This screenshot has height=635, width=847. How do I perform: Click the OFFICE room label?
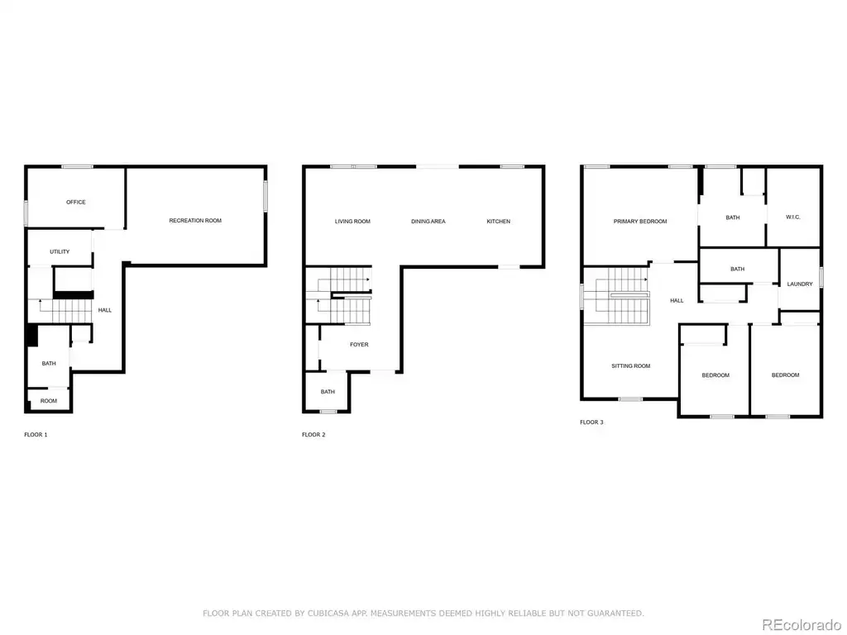click(x=75, y=202)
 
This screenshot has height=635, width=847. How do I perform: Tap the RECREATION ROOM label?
click(x=195, y=220)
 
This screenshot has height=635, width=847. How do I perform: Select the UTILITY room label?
click(x=60, y=251)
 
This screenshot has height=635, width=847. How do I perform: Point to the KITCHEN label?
click(x=498, y=222)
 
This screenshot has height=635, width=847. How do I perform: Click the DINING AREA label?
click(x=428, y=222)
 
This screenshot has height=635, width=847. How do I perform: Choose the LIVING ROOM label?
click(x=352, y=222)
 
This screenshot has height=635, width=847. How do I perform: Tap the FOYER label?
click(x=359, y=345)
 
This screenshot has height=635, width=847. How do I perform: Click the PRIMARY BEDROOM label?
click(x=639, y=222)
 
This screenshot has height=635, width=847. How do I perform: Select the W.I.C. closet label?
click(x=792, y=217)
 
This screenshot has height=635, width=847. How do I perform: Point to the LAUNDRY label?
click(x=800, y=284)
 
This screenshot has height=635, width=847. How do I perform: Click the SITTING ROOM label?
click(x=630, y=366)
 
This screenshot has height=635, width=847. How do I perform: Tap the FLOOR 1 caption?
click(x=36, y=435)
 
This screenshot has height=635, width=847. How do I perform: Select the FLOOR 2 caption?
click(x=313, y=435)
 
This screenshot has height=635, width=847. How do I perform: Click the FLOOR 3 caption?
click(x=591, y=423)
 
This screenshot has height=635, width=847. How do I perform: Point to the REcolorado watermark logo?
click(x=801, y=625)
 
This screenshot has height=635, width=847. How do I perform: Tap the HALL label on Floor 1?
click(x=105, y=310)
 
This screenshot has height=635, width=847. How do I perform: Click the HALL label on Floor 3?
click(x=677, y=301)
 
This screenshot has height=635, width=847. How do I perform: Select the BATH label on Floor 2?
click(x=328, y=392)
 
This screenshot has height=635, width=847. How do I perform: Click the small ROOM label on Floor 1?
click(x=48, y=401)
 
